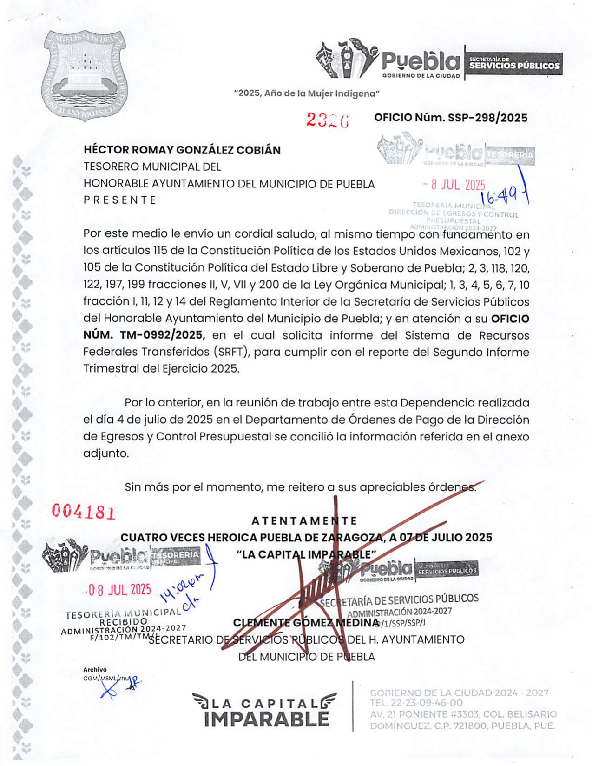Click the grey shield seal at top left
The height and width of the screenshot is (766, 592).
[85, 74]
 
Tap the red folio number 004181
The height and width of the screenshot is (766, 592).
[84, 512]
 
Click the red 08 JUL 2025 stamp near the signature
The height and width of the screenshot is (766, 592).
[120, 590]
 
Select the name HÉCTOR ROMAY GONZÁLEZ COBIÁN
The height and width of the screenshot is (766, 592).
[182, 150]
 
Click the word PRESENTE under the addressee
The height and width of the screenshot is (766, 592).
[120, 200]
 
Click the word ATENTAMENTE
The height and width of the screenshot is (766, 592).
[304, 520]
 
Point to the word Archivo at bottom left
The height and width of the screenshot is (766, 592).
[95, 669]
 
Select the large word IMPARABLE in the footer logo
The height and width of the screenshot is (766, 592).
[266, 719]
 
